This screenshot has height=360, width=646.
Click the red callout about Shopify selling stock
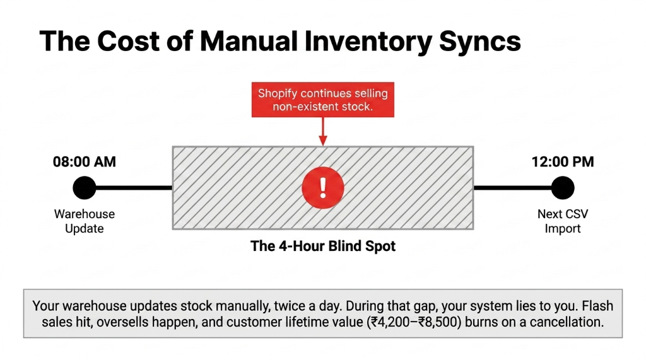[x=322, y=100]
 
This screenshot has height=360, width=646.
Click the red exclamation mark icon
[x=322, y=187]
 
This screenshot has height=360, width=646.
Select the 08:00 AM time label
[x=84, y=162]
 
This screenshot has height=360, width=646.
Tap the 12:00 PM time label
[x=562, y=162]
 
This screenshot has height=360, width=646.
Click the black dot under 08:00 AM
[x=84, y=187]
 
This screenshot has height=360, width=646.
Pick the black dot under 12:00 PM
[x=562, y=187]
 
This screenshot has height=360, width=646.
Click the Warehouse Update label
[x=84, y=221]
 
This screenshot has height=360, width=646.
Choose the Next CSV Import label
[x=562, y=221]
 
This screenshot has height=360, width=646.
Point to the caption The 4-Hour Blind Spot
[x=322, y=246]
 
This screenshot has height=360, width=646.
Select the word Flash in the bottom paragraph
[x=597, y=306]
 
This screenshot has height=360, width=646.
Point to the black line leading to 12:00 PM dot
[x=512, y=187]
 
